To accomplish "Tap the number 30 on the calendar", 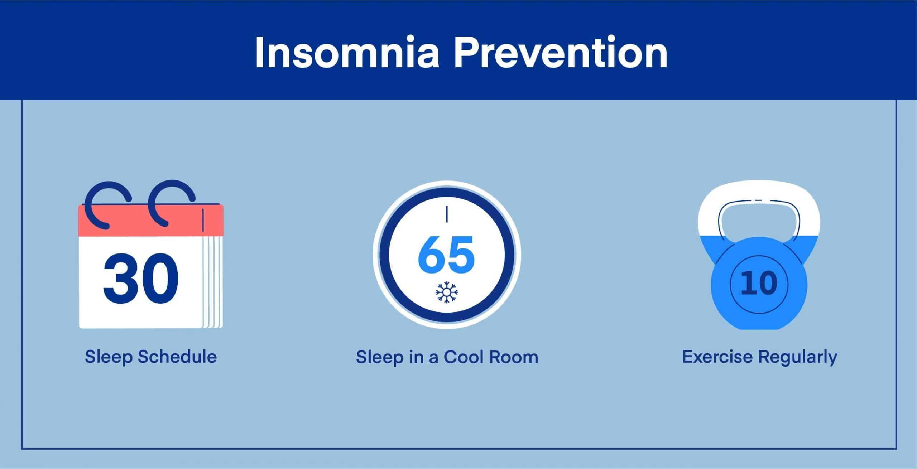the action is point(140,277).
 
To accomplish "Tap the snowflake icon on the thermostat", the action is point(447,292).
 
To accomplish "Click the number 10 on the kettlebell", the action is point(759,283).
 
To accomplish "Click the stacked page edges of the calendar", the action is point(213,281).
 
